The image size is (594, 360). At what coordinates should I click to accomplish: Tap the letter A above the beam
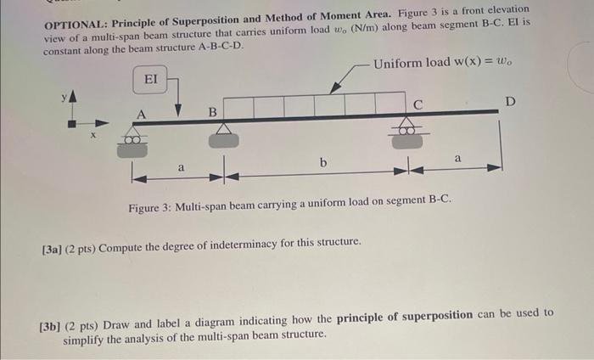(x=141, y=113)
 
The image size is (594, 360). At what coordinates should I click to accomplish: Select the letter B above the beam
(x=213, y=111)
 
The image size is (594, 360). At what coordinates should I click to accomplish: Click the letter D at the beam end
(x=509, y=102)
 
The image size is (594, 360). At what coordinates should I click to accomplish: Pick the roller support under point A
(x=132, y=141)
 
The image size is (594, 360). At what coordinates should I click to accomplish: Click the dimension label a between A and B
(x=180, y=167)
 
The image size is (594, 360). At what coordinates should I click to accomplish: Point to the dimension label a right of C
(x=458, y=158)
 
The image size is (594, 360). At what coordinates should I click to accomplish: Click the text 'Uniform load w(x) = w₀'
(x=443, y=64)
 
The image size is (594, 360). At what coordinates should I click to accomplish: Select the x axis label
(x=94, y=134)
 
